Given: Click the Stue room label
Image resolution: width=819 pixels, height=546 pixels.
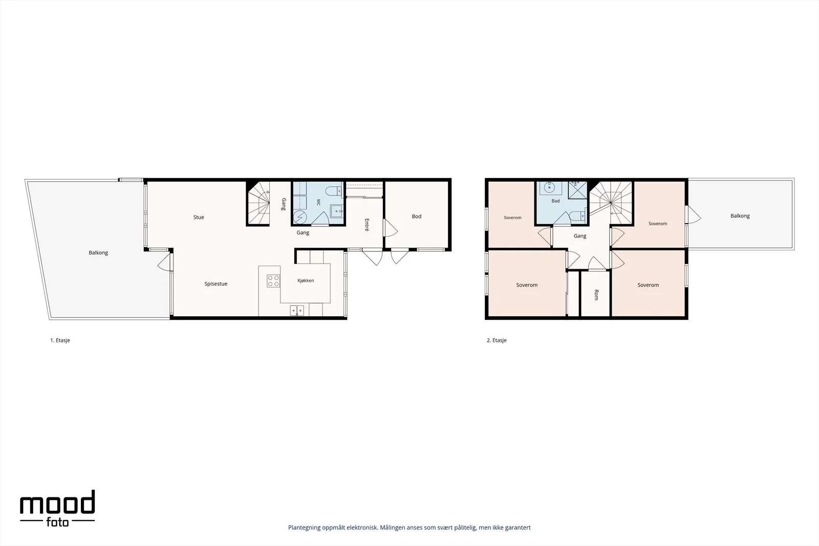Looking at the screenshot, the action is (199, 217).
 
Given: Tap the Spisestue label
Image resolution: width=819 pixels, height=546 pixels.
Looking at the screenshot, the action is (215, 283).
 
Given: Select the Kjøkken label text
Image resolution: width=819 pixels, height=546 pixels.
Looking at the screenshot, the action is (306, 280).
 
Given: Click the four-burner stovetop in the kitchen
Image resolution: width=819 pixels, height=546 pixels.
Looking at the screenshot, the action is (273, 280).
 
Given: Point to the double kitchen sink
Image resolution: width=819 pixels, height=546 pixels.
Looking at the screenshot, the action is (297, 311).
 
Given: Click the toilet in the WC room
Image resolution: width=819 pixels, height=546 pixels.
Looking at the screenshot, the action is (333, 191).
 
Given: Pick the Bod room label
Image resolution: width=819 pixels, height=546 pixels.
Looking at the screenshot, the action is (417, 216).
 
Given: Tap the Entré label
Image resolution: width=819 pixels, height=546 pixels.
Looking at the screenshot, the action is (367, 225).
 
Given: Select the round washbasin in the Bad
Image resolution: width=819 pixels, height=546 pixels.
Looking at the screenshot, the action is (549, 188).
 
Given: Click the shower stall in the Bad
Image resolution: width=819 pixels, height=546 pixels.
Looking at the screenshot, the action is (577, 190).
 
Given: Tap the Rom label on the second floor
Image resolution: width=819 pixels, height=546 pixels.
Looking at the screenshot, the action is (596, 295).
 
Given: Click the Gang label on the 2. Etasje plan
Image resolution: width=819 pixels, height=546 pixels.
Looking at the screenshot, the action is (580, 236).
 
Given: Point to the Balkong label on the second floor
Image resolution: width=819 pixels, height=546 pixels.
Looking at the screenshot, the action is (740, 216).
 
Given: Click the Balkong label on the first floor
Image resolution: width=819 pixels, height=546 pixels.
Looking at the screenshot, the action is (98, 253).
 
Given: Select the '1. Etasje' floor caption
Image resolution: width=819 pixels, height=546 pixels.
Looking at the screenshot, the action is (60, 340).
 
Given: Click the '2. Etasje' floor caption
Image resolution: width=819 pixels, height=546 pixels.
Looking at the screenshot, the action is (497, 340).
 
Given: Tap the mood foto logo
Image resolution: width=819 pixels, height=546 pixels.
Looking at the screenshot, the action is (57, 508).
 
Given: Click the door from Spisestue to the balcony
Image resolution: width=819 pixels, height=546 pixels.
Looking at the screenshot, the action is (165, 262).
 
